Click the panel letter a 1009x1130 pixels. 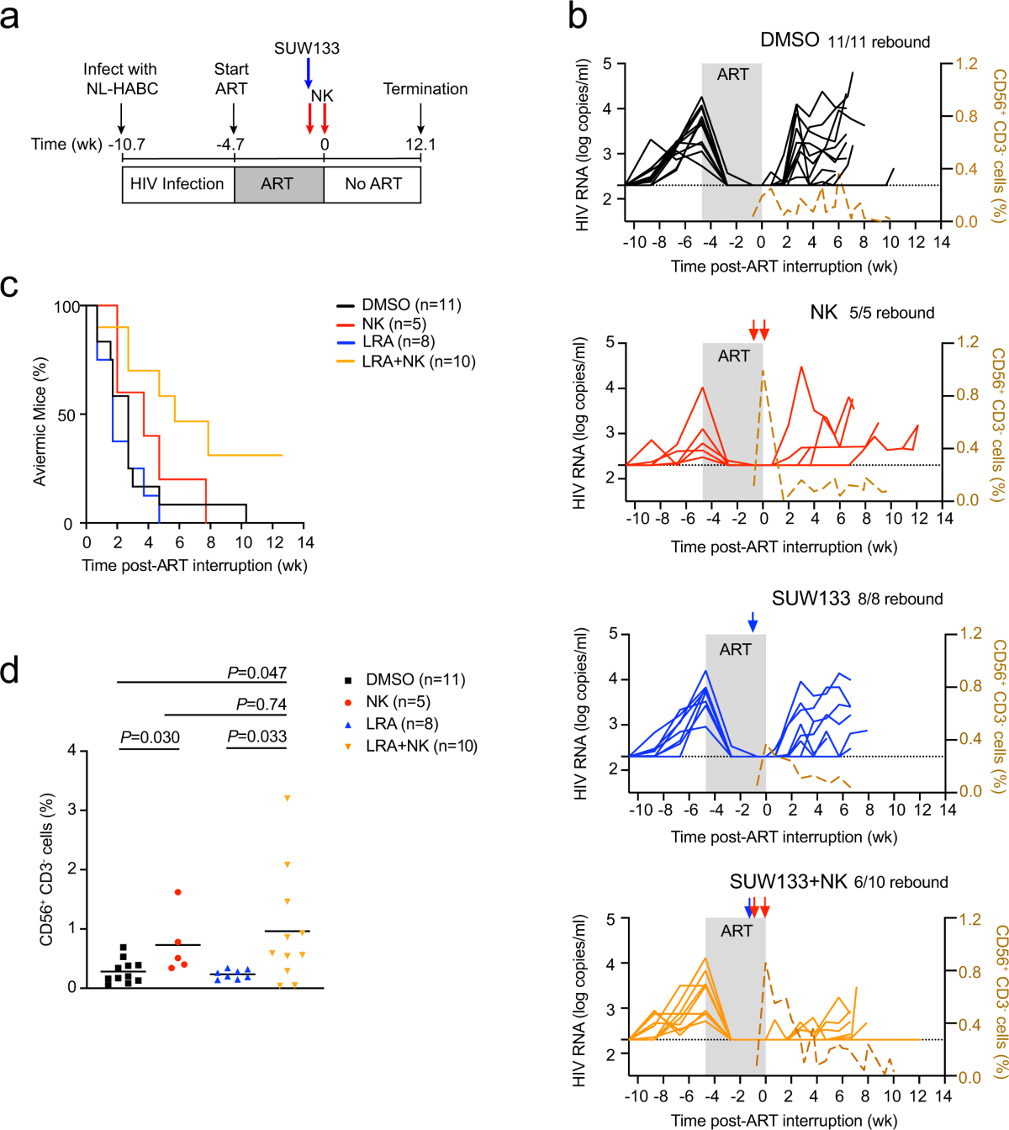click(10, 17)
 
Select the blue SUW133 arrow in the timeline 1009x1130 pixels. click(309, 74)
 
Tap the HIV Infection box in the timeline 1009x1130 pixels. click(177, 184)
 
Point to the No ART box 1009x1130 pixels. click(372, 184)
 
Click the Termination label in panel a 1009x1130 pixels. click(425, 89)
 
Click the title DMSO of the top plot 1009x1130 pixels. click(789, 40)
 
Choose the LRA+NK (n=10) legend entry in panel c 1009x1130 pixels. click(418, 362)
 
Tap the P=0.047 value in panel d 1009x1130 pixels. click(256, 673)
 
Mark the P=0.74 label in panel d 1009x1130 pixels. click(261, 704)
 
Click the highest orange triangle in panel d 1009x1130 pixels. click(287, 798)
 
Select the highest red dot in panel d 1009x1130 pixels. click(177, 892)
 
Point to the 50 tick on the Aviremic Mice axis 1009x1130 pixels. click(65, 415)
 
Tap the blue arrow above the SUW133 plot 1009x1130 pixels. click(753, 622)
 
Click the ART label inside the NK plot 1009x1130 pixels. click(733, 356)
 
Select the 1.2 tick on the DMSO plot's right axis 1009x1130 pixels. click(966, 64)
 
